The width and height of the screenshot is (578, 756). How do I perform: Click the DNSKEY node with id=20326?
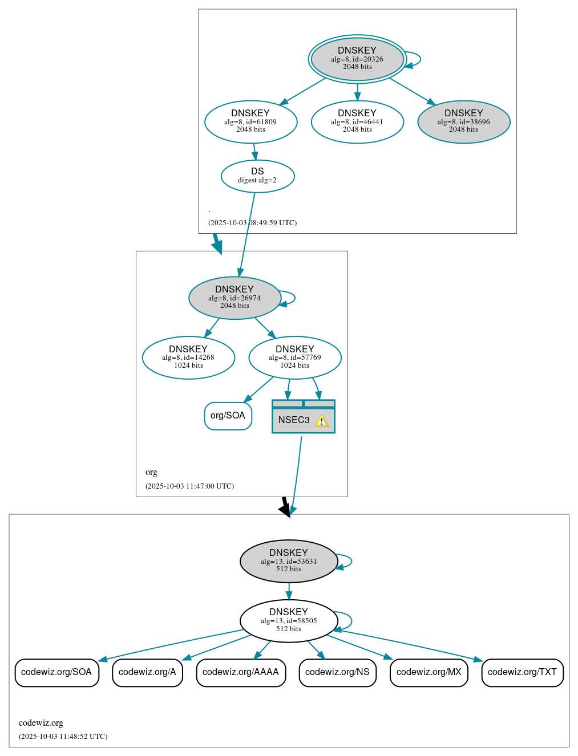(357, 59)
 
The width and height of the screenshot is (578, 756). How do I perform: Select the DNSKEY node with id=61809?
(250, 122)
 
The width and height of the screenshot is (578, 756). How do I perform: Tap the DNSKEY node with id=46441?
(357, 122)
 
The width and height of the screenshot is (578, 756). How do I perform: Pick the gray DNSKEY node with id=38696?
(463, 122)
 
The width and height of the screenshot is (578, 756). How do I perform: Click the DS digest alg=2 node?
(257, 176)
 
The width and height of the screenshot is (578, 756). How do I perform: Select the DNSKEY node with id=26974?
(235, 298)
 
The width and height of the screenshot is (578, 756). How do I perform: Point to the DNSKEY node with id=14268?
(188, 357)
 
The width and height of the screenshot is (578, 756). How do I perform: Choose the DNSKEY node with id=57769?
(295, 357)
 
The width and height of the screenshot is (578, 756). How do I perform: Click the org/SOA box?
(228, 416)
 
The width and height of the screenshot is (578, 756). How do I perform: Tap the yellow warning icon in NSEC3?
(322, 421)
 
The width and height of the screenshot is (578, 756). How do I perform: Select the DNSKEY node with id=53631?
(289, 561)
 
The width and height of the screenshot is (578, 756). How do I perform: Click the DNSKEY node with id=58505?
(289, 621)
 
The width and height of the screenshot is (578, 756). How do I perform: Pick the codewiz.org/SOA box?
(56, 673)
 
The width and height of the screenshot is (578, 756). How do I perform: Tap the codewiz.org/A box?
(147, 673)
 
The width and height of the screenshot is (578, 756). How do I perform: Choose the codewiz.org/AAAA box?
(241, 673)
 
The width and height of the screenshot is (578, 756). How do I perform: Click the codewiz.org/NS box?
(337, 673)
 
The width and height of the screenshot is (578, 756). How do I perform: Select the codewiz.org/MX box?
(429, 673)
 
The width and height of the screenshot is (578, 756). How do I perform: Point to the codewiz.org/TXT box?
(522, 673)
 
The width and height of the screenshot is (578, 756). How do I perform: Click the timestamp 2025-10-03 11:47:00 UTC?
(189, 486)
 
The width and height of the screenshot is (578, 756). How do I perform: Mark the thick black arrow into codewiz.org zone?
(285, 507)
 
